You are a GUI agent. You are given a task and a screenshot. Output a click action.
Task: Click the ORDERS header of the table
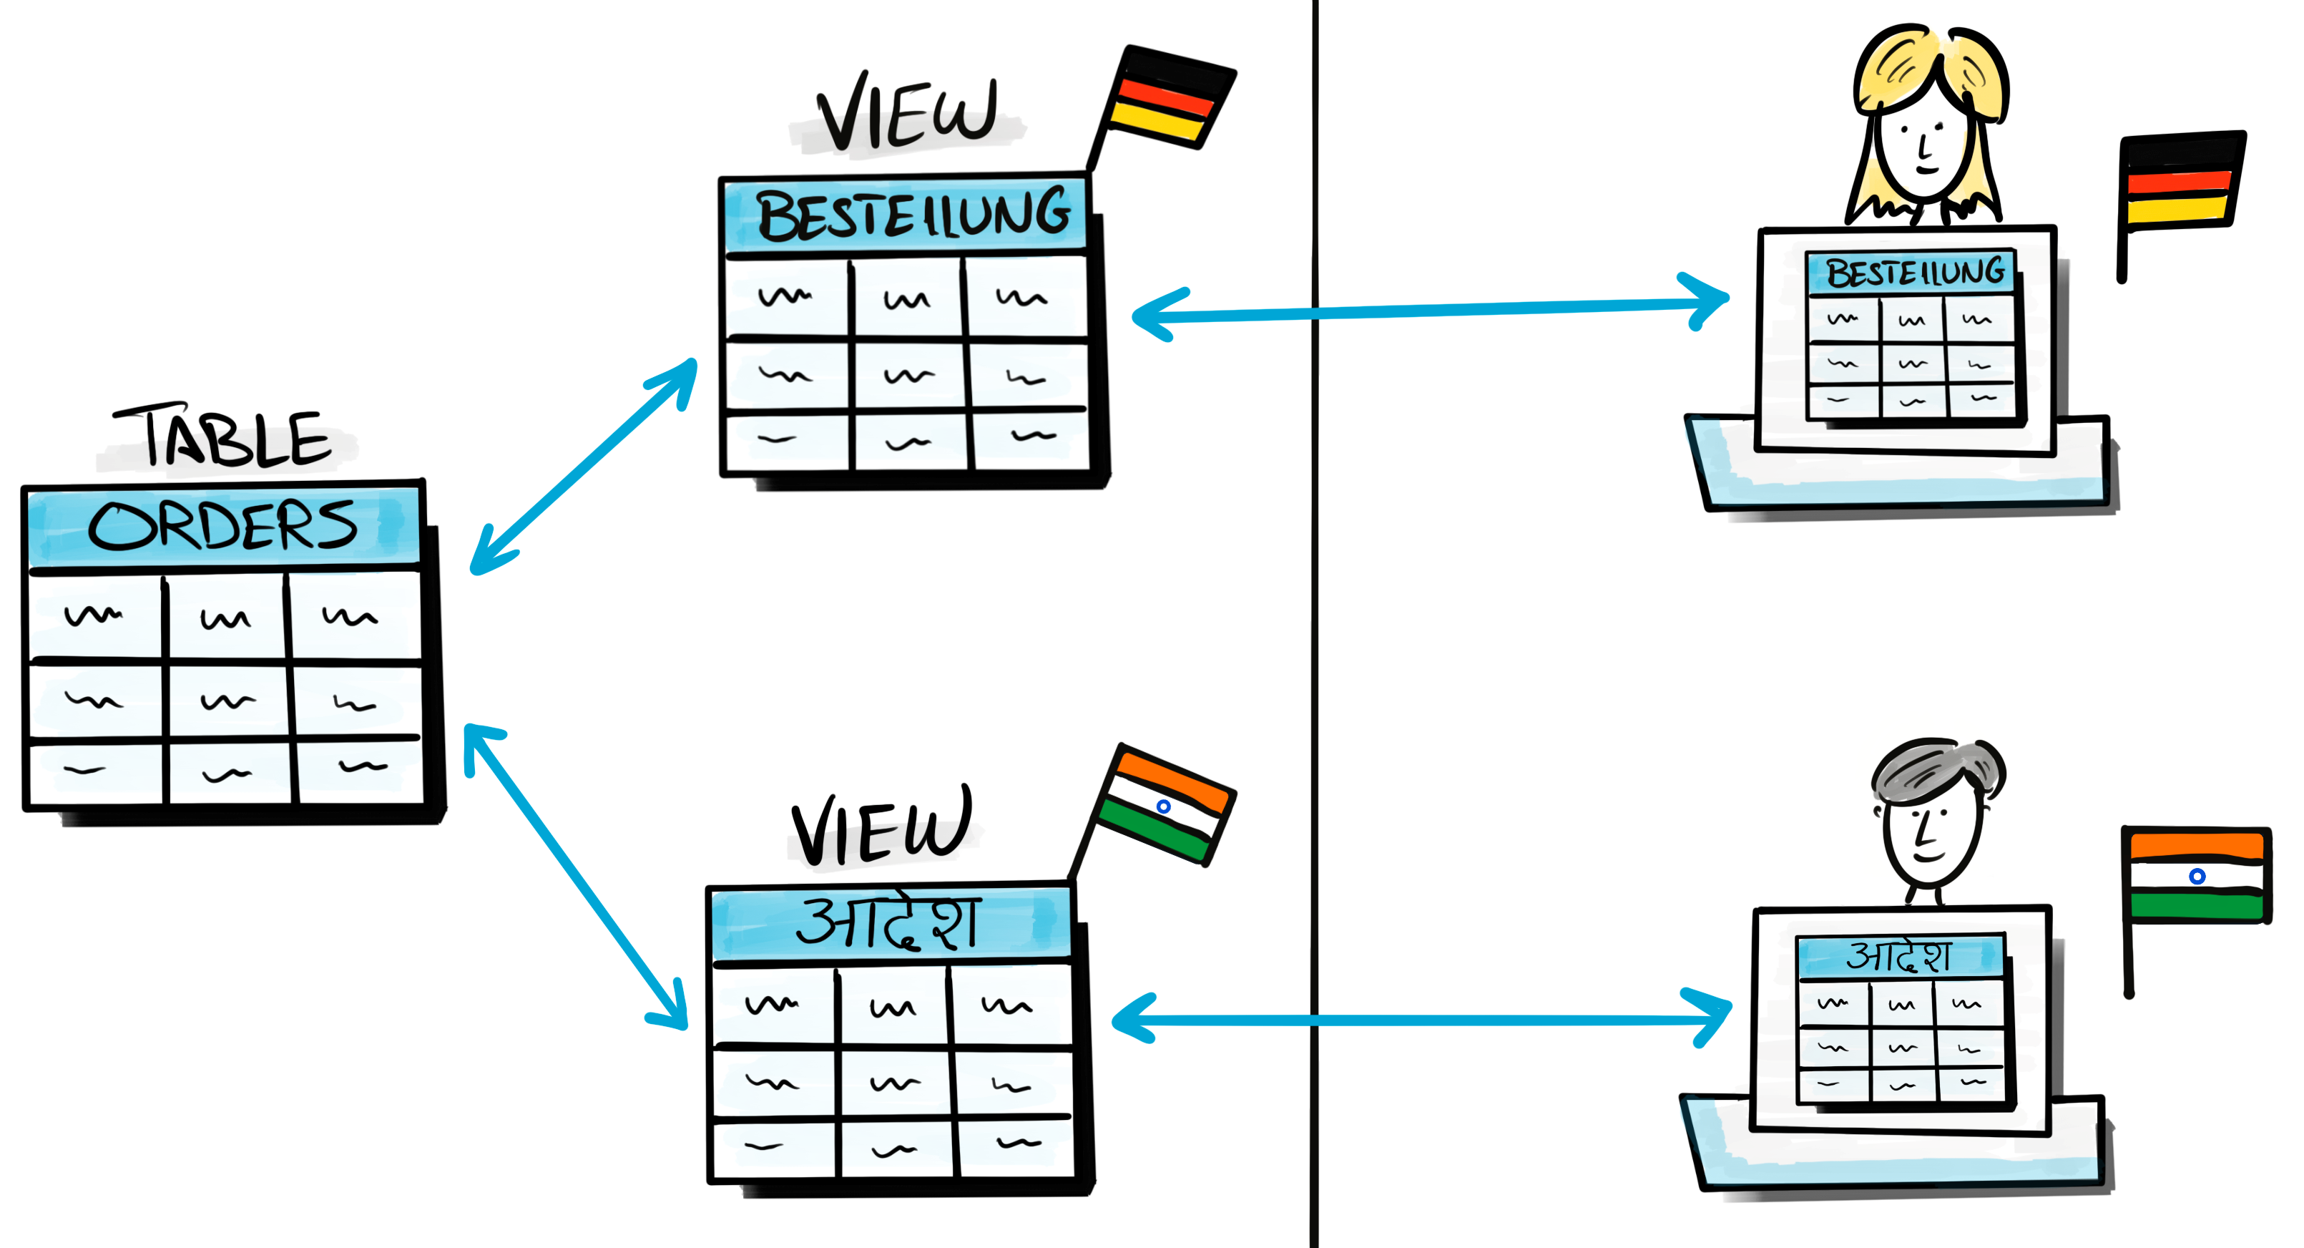[224, 526]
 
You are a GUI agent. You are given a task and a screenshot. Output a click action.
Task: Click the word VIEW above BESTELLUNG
[908, 114]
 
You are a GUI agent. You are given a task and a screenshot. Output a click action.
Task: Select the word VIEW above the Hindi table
[881, 827]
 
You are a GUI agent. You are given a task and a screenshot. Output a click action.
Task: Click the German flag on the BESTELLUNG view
[1167, 99]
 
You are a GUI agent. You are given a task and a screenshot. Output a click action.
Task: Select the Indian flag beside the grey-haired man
[2196, 877]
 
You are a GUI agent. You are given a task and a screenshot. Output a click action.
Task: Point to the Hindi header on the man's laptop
[1901, 956]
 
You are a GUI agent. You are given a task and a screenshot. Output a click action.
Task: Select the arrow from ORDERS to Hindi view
[577, 877]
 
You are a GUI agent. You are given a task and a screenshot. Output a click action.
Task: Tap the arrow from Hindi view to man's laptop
[1422, 1019]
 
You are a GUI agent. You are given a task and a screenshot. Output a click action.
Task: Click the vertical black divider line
[1315, 626]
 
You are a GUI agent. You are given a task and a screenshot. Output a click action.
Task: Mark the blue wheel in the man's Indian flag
[2197, 877]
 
